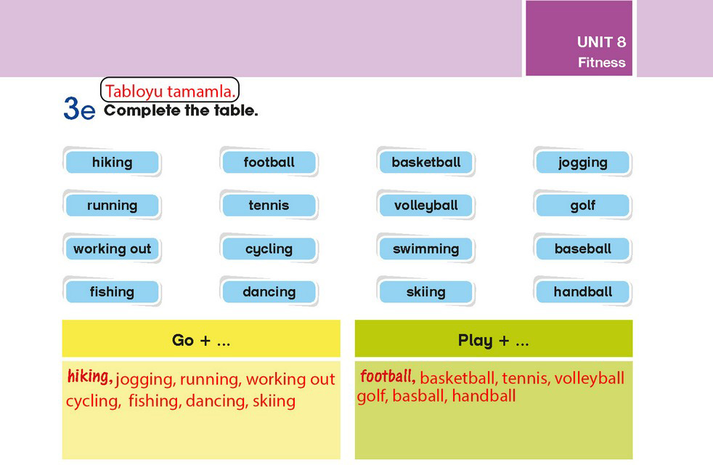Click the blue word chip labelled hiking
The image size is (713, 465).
click(x=113, y=162)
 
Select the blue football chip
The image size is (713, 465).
click(x=269, y=162)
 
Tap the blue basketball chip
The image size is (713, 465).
click(x=426, y=162)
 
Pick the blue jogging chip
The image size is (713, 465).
click(x=583, y=162)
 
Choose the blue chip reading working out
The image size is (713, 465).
click(x=113, y=248)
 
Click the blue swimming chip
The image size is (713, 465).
click(x=426, y=248)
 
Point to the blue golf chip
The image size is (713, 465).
click(x=583, y=205)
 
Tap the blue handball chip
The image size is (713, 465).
click(x=583, y=291)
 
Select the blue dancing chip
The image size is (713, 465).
click(x=269, y=291)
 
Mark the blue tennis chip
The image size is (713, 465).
click(x=269, y=205)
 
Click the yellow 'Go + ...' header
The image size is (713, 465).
click(x=201, y=339)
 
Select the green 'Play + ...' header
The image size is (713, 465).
click(x=494, y=339)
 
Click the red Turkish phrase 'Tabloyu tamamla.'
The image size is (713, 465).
click(x=170, y=91)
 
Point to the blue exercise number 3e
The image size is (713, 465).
click(x=79, y=108)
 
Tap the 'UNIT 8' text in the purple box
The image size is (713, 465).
click(x=601, y=42)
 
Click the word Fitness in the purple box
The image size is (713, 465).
click(x=602, y=62)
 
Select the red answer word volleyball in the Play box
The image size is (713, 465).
click(x=589, y=379)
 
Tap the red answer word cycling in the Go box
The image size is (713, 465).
click(x=93, y=401)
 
